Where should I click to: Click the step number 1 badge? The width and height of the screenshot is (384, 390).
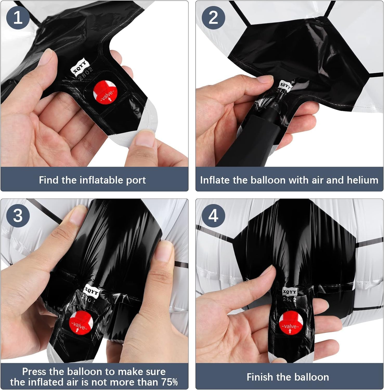pyautogui.click(x=18, y=17)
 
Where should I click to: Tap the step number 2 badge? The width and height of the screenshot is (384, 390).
pyautogui.click(x=213, y=17)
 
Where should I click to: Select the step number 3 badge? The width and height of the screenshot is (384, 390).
pyautogui.click(x=18, y=216)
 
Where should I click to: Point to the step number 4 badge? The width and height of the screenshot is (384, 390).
pyautogui.click(x=213, y=216)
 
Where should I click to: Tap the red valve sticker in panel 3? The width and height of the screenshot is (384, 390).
pyautogui.click(x=81, y=324)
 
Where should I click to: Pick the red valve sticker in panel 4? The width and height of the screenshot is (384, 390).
pyautogui.click(x=290, y=323)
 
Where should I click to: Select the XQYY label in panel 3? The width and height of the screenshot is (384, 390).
pyautogui.click(x=91, y=290)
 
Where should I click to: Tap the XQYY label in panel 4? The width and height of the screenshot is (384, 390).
pyautogui.click(x=289, y=292)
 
